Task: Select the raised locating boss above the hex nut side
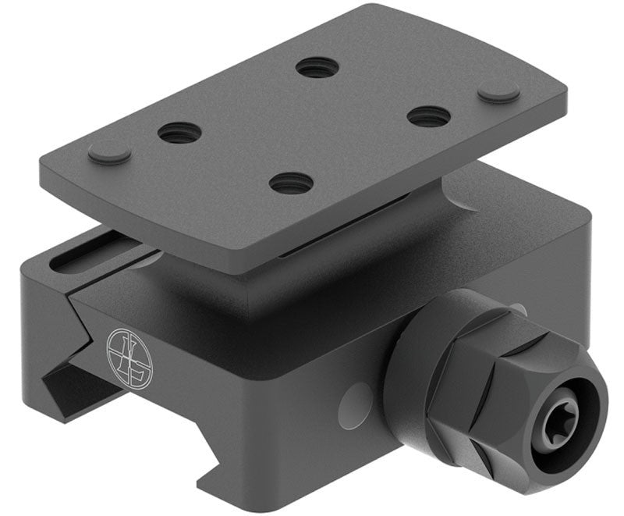pos(498,91)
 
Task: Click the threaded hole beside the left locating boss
pos(180,133)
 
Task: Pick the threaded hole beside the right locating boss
pos(428,116)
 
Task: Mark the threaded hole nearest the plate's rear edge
pos(317,67)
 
